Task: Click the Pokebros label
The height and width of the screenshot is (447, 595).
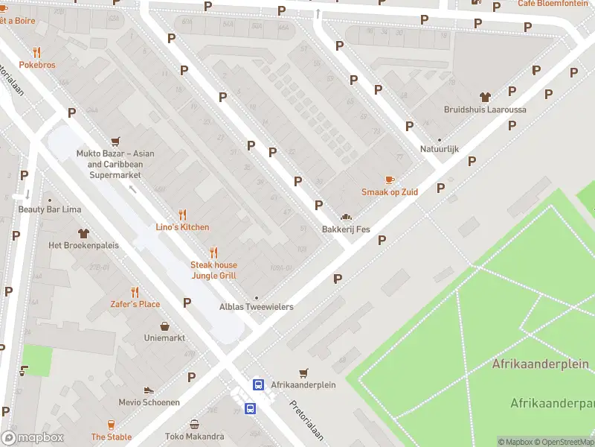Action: click(37, 66)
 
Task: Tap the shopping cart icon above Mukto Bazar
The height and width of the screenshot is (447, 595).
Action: click(115, 141)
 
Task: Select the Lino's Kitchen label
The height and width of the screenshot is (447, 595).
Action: click(182, 227)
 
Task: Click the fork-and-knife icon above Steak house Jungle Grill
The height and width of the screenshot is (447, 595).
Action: click(213, 252)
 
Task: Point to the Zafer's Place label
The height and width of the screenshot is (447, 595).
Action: click(135, 304)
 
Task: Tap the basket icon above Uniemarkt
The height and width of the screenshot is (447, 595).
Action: click(164, 326)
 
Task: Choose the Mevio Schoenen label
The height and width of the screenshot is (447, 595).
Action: click(149, 402)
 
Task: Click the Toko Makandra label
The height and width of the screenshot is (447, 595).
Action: click(194, 437)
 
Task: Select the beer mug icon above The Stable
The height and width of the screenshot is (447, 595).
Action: click(112, 424)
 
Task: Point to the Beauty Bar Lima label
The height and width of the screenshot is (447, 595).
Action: click(50, 210)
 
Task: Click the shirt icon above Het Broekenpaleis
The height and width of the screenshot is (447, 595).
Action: click(82, 232)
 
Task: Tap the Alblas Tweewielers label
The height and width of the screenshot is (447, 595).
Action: click(256, 307)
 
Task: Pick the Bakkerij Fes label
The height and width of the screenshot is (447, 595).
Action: click(346, 229)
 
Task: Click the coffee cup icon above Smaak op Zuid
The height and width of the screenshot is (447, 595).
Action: click(389, 180)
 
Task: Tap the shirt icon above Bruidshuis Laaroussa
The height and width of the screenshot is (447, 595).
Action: click(485, 97)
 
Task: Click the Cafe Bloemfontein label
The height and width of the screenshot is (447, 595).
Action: click(553, 4)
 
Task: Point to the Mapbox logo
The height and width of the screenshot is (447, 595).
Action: click(33, 437)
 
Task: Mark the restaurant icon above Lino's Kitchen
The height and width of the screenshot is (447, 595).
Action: click(182, 214)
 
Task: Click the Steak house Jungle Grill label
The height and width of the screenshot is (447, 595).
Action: click(213, 270)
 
